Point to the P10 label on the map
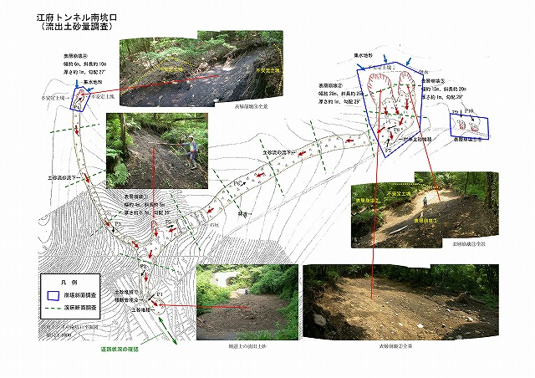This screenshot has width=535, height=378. [470, 111]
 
